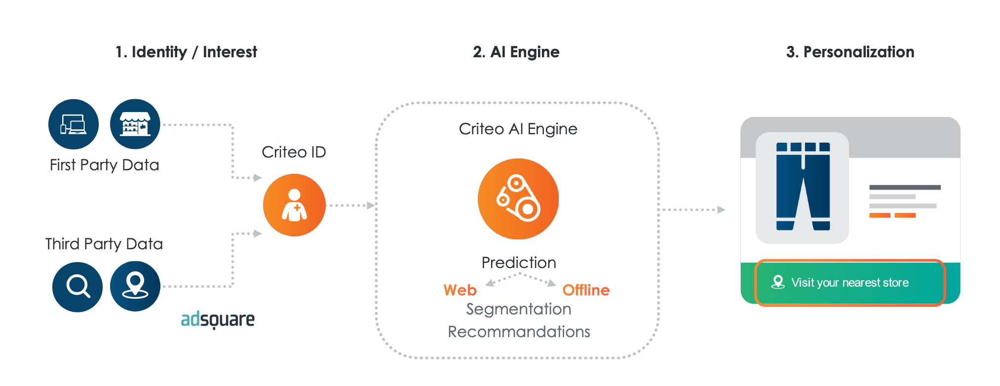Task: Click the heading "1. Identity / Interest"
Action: coord(186,52)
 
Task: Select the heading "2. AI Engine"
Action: coord(516,52)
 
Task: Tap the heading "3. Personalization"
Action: coord(850,52)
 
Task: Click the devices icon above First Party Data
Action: coord(74,124)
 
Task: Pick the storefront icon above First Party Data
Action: coord(135,124)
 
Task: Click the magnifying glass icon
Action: coord(77,286)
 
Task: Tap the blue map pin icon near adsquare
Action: coord(135,286)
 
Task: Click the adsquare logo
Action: coord(218,320)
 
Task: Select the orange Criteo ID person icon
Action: coord(294,205)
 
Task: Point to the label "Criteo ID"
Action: coord(294,152)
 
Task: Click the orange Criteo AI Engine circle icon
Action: coord(518,199)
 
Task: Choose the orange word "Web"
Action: coord(460,290)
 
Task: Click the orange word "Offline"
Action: coord(586,290)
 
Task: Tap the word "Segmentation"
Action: coord(519,309)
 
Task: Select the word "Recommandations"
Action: coord(519,332)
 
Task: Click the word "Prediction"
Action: coord(519,263)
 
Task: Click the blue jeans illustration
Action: coord(803,187)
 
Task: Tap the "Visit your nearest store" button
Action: coord(849,283)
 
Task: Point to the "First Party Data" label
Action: coord(104,165)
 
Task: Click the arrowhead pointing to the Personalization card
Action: coord(721,210)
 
